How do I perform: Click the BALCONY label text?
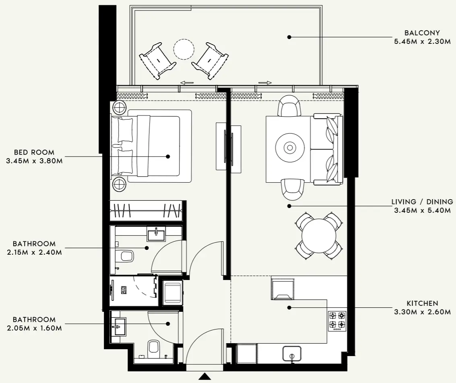(422, 33)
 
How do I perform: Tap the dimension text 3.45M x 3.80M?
(34, 161)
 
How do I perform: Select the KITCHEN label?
(422, 303)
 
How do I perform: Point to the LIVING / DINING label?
(422, 202)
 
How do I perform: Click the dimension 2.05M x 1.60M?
(34, 328)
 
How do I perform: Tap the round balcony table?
(184, 49)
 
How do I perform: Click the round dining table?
(319, 235)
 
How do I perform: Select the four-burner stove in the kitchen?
(337, 321)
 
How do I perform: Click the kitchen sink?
(293, 354)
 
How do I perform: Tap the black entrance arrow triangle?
(205, 377)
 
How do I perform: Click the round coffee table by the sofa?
(289, 148)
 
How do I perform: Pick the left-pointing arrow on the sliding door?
(186, 83)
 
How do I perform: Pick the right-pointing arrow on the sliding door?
(265, 83)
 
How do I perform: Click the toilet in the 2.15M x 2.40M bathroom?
(126, 256)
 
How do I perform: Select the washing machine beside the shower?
(173, 292)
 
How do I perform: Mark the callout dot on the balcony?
(289, 37)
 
